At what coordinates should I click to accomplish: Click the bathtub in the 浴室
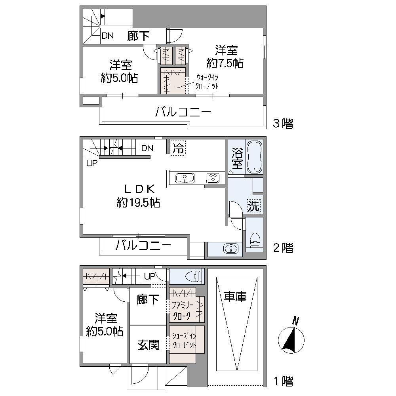click(254, 157)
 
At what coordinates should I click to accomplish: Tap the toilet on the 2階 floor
click(254, 238)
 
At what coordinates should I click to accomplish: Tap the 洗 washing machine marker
click(254, 206)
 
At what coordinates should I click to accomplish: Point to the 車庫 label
click(235, 297)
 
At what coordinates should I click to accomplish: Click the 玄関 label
click(148, 345)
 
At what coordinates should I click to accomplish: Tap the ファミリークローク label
click(182, 310)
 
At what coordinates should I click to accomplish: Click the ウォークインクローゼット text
click(206, 82)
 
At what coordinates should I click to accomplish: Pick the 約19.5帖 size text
click(138, 203)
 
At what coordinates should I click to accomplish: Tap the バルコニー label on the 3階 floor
click(183, 112)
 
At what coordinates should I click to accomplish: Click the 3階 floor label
click(283, 124)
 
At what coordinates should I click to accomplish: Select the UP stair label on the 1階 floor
click(150, 276)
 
